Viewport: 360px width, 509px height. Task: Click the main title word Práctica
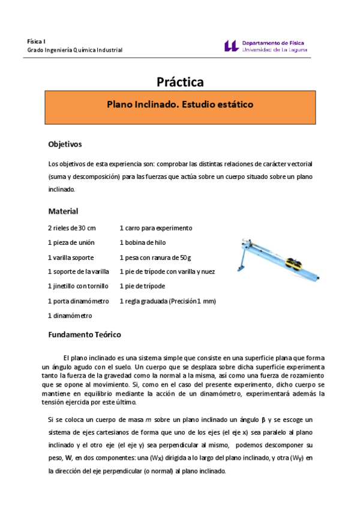(180, 81)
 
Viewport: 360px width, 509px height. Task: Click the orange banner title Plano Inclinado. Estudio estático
(180, 104)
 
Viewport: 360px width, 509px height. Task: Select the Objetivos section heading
(65, 145)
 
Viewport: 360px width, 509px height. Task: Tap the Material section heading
(63, 211)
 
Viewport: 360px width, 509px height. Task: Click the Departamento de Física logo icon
(231, 46)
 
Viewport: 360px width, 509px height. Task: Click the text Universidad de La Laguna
(275, 50)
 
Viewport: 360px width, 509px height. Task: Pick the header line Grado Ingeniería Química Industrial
(75, 50)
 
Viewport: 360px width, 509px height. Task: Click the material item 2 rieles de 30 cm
(72, 228)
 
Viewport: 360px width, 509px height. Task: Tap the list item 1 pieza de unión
(70, 242)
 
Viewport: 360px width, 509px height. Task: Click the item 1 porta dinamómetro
(78, 301)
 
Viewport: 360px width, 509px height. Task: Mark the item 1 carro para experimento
(156, 228)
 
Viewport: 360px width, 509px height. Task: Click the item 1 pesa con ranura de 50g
(155, 257)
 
